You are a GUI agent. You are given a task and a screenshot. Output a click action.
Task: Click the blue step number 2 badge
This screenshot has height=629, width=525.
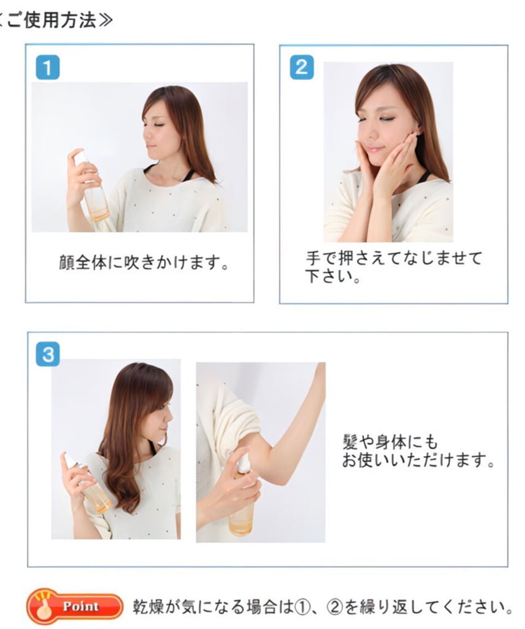pyautogui.click(x=301, y=67)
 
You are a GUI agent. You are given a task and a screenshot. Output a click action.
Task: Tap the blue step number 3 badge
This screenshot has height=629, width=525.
pyautogui.click(x=47, y=354)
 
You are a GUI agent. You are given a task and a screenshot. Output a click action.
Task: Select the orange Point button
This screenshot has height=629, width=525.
pyautogui.click(x=74, y=606)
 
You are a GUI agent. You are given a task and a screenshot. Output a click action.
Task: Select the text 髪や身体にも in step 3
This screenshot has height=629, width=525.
pyautogui.click(x=390, y=442)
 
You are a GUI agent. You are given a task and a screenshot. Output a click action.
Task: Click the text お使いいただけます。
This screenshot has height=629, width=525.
pyautogui.click(x=417, y=461)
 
